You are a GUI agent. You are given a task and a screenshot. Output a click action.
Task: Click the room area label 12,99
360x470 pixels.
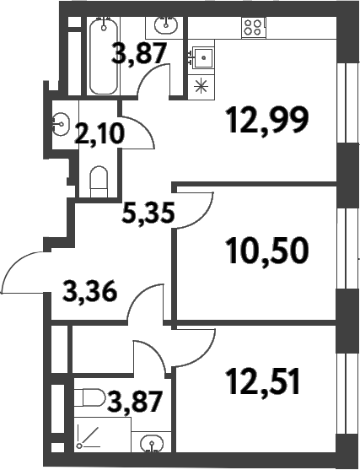pos(267,121)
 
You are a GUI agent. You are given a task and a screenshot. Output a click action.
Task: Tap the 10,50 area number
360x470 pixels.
pos(267,250)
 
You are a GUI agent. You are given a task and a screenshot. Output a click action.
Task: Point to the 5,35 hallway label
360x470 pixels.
pos(148,213)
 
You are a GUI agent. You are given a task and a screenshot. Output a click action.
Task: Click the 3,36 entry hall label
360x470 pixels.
pos(89,292)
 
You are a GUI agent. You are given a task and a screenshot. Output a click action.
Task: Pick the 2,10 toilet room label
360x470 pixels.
pos(99,134)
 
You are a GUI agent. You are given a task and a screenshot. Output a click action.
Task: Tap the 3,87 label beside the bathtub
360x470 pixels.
pos(138,54)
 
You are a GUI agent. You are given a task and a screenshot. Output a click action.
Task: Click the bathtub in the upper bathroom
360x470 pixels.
pos(104,57)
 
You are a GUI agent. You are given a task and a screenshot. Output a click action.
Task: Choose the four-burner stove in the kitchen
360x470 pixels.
pos(254,28)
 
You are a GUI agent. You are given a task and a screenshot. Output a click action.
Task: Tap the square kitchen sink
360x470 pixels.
pos(203,57)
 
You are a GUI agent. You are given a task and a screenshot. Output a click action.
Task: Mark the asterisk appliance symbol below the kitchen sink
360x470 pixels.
pos(201,86)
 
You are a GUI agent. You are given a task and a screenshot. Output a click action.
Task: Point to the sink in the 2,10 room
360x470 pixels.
pos(61,124)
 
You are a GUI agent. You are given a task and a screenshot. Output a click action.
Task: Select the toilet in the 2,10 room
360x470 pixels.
pos(99,181)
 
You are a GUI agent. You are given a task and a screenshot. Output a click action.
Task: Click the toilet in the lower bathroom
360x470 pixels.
pos(89,397)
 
